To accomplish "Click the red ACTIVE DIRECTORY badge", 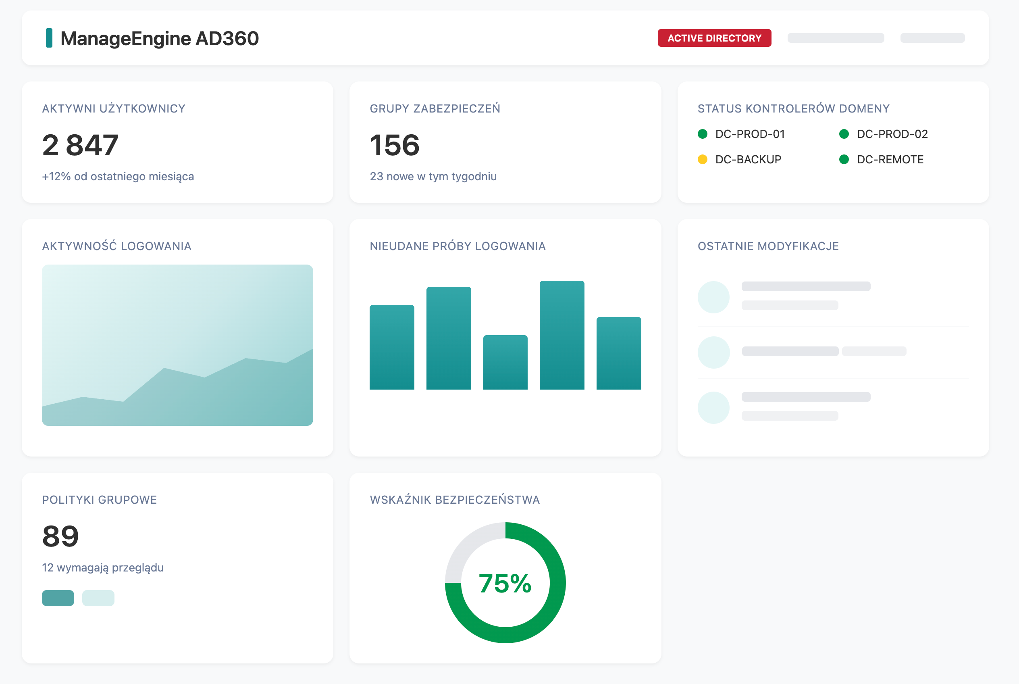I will pos(714,38).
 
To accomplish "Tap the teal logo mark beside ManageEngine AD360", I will pos(49,38).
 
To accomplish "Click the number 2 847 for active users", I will pos(80,145).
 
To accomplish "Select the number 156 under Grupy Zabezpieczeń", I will pos(394,145).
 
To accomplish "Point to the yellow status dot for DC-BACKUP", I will pos(702,159).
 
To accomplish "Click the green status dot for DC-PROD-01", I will pos(702,134).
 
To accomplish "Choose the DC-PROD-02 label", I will pos(892,134).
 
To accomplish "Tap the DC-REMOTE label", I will pos(890,159).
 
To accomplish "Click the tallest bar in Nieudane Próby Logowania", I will pos(561,335).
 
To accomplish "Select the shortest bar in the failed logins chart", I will pos(505,362).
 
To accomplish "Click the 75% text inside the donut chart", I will pos(505,583).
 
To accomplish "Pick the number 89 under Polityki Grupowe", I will pos(60,536).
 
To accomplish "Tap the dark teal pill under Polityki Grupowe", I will pos(58,598).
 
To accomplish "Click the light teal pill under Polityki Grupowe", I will pos(98,598).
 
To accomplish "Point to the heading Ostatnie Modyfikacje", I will pos(768,246).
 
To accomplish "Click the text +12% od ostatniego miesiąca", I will pos(118,176).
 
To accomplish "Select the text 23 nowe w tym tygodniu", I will pos(433,176).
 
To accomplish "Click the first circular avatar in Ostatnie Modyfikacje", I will pos(713,297).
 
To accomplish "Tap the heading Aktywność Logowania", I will pos(116,246).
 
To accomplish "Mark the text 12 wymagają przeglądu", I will pos(102,567).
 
